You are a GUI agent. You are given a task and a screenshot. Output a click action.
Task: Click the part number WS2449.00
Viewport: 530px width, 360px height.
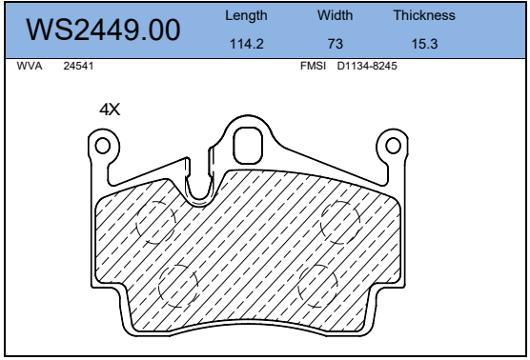103,30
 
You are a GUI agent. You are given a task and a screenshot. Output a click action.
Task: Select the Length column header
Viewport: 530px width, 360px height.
246,16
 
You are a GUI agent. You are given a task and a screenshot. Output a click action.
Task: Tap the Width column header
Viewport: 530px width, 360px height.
335,15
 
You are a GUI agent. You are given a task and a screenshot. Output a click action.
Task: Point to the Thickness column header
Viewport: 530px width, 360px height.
424,15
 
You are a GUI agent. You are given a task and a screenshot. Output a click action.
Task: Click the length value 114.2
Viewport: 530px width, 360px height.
246,44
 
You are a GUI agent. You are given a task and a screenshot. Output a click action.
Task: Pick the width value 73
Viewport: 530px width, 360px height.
335,44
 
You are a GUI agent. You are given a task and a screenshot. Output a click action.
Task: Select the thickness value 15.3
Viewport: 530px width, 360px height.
424,44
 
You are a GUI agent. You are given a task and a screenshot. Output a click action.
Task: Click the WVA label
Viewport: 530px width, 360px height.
30,66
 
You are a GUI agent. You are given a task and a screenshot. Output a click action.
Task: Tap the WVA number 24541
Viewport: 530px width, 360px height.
78,66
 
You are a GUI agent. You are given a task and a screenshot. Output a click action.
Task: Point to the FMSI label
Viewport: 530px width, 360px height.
313,66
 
